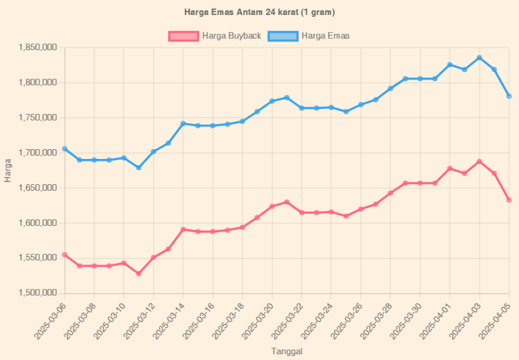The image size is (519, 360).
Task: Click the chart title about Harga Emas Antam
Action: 259,12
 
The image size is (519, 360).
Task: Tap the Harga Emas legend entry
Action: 315,36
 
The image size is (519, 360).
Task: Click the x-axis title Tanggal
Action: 286,351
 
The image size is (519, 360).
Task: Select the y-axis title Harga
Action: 8,170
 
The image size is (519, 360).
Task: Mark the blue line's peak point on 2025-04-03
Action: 479,58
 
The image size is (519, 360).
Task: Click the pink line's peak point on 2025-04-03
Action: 479,162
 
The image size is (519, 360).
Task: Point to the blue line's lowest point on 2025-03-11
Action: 138,168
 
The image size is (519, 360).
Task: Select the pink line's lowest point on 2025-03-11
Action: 138,274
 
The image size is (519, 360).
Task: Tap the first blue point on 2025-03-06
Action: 64,149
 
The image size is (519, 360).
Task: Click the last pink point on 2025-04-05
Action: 509,200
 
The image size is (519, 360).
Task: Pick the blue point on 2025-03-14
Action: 183,123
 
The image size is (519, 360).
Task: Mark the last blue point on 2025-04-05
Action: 509,96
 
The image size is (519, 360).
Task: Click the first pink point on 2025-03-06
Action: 64,254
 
